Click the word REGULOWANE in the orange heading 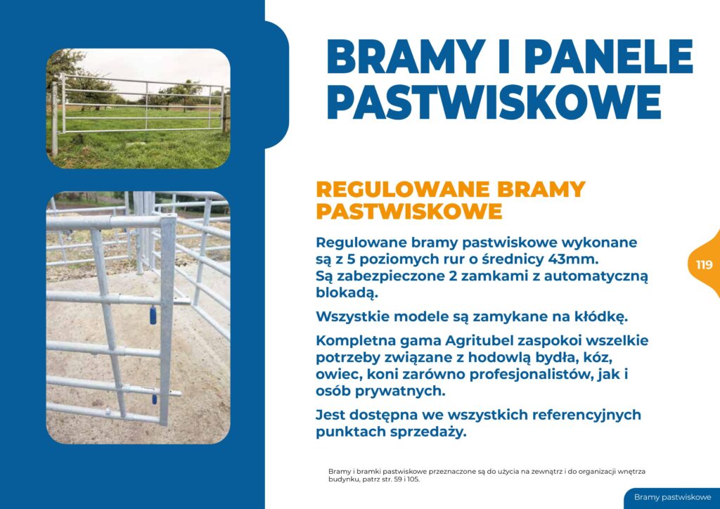(404, 190)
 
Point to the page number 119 (704, 265)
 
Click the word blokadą (347, 293)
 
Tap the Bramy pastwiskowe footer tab (672, 498)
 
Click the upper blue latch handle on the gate (153, 316)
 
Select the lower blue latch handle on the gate (155, 399)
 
